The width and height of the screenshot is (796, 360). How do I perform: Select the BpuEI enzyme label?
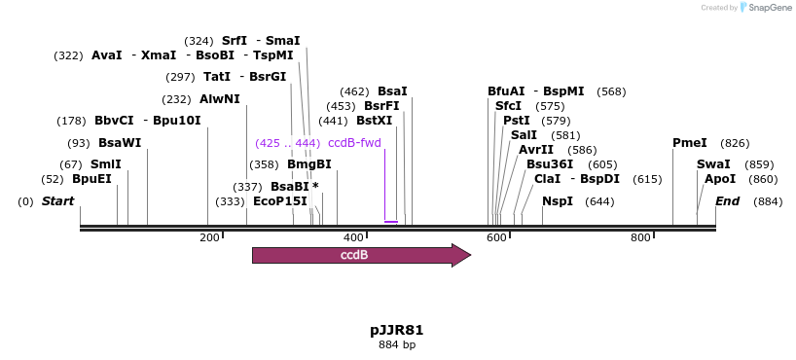pyautogui.click(x=91, y=179)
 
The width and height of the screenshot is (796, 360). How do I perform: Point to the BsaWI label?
pyautogui.click(x=120, y=143)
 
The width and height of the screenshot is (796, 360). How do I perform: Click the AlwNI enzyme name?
pyautogui.click(x=219, y=99)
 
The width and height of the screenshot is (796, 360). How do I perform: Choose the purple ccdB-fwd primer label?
pyautogui.click(x=354, y=143)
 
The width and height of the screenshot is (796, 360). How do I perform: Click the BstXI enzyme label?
pyautogui.click(x=374, y=121)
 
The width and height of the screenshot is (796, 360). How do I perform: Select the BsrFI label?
pyautogui.click(x=381, y=106)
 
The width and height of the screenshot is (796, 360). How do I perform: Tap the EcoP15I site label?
pyautogui.click(x=279, y=201)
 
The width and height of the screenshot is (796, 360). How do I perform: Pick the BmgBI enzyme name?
pyautogui.click(x=308, y=164)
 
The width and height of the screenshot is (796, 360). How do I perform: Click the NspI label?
pyautogui.click(x=558, y=201)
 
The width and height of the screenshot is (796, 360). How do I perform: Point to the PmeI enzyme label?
pyautogui.click(x=689, y=143)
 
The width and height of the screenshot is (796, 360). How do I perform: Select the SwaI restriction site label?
pyautogui.click(x=712, y=164)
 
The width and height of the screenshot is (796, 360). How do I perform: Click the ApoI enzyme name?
pyautogui.click(x=720, y=179)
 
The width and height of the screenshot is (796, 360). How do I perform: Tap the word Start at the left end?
pyautogui.click(x=57, y=201)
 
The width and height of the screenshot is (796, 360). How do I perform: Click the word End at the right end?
pyautogui.click(x=727, y=201)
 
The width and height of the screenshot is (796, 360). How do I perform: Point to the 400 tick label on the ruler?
pyautogui.click(x=353, y=237)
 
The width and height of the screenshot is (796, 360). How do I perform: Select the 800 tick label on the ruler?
pyautogui.click(x=640, y=237)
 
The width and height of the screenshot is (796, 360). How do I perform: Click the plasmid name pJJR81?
pyautogui.click(x=396, y=330)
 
